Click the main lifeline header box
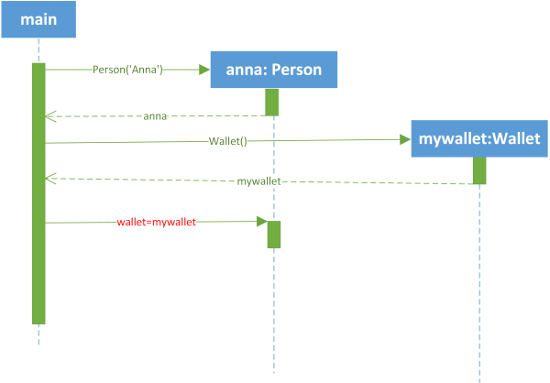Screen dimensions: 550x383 [38, 19]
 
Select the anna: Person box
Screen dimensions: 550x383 [274, 70]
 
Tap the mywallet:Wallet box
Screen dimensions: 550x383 [479, 138]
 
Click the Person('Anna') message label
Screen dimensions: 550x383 [127, 70]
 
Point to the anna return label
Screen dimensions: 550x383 [155, 116]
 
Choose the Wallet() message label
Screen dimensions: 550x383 [228, 141]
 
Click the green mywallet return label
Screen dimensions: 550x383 [258, 181]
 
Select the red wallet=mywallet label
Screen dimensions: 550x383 [157, 222]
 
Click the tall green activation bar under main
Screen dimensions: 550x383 [38, 193]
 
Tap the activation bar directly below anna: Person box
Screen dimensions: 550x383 [272, 102]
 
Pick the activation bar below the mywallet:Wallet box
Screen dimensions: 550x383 [479, 170]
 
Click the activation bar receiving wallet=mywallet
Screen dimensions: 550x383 [274, 235]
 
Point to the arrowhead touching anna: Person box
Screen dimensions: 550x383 [204, 70]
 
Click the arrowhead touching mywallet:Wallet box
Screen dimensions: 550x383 [405, 139]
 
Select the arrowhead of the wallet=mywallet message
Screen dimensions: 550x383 [262, 222]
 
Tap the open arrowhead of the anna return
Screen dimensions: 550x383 [50, 116]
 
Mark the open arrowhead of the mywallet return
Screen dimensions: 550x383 [50, 179]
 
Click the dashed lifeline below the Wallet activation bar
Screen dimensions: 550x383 [479, 283]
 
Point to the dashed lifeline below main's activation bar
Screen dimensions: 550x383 [38, 335]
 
